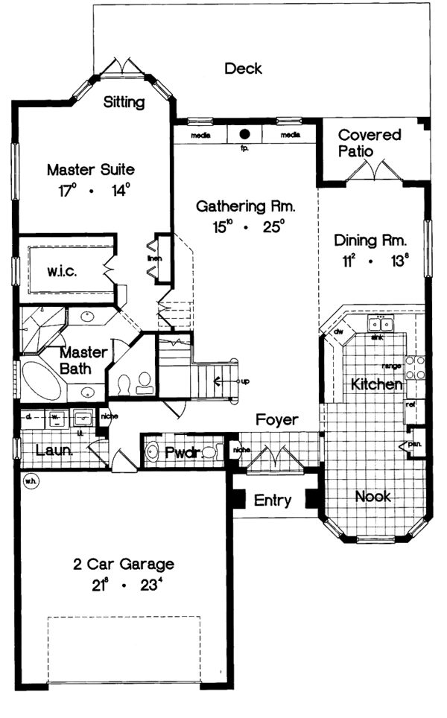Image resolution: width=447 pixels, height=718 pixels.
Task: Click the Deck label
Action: click(x=243, y=69)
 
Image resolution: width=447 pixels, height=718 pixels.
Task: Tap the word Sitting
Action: click(x=124, y=103)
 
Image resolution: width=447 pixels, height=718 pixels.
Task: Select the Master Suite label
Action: click(x=90, y=169)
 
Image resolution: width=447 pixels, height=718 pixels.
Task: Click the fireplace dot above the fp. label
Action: click(x=244, y=135)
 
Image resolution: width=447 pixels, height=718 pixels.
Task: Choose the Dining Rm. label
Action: click(x=370, y=241)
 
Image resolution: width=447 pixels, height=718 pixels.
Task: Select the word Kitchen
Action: click(x=377, y=384)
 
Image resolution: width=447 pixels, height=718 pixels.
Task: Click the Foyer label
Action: click(x=276, y=420)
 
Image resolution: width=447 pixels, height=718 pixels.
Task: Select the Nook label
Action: click(x=372, y=497)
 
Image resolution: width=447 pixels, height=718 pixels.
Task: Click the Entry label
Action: click(x=273, y=501)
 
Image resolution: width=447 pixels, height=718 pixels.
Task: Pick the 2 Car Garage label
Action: click(x=124, y=564)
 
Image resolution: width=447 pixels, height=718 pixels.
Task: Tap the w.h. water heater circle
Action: click(x=31, y=480)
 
